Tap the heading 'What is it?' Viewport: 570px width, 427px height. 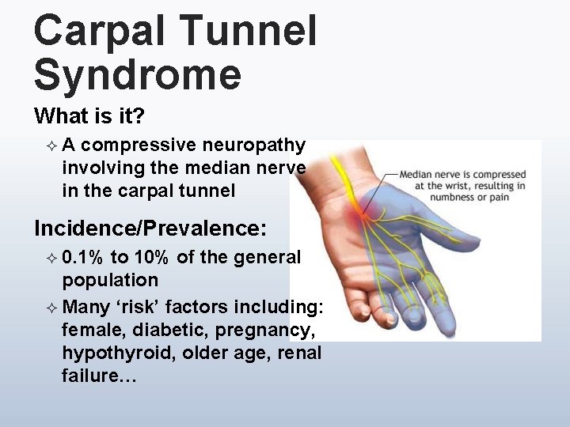[89, 116]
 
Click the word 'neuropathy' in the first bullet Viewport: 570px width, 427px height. [253, 145]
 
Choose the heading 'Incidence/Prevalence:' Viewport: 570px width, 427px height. [150, 229]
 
